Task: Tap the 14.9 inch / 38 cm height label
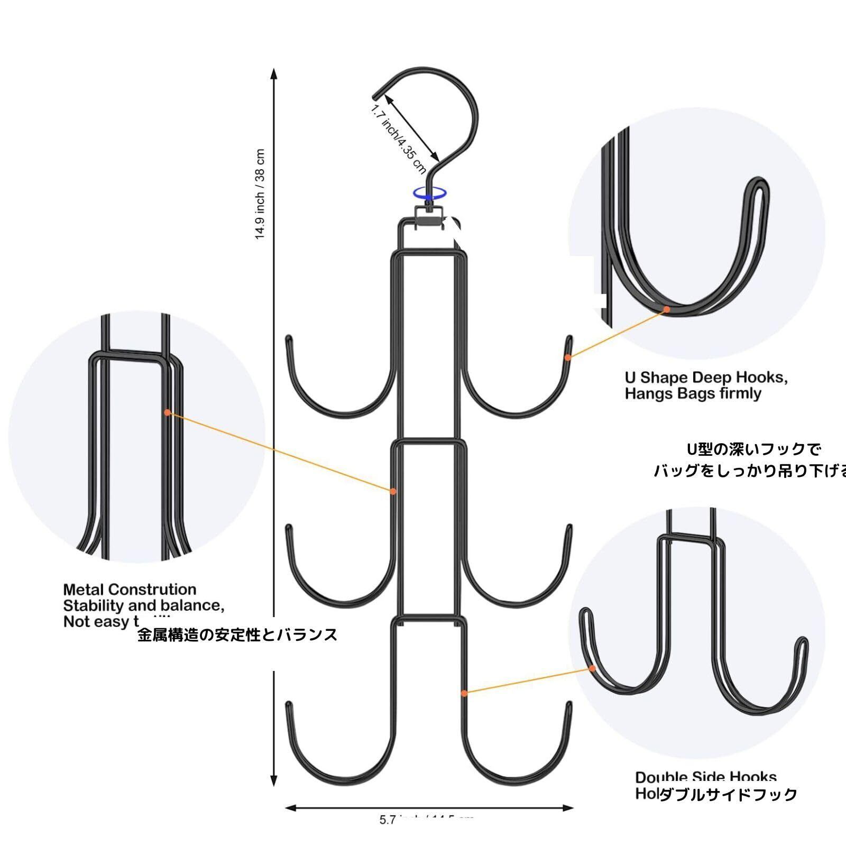pyautogui.click(x=260, y=194)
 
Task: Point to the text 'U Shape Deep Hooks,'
pyautogui.click(x=706, y=378)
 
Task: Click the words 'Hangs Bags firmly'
pyautogui.click(x=693, y=393)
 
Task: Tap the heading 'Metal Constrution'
pyautogui.click(x=130, y=590)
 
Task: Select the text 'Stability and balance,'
pyautogui.click(x=144, y=605)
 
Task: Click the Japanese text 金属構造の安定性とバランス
pyautogui.click(x=237, y=635)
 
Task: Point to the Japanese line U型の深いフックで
pyautogui.click(x=754, y=449)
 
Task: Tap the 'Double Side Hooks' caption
pyautogui.click(x=706, y=777)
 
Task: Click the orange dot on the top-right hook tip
pyautogui.click(x=567, y=357)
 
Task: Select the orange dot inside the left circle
pyautogui.click(x=167, y=412)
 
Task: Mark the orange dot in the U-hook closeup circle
pyautogui.click(x=667, y=309)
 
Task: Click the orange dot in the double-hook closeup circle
pyautogui.click(x=593, y=668)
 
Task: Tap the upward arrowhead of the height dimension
pyautogui.click(x=274, y=73)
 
